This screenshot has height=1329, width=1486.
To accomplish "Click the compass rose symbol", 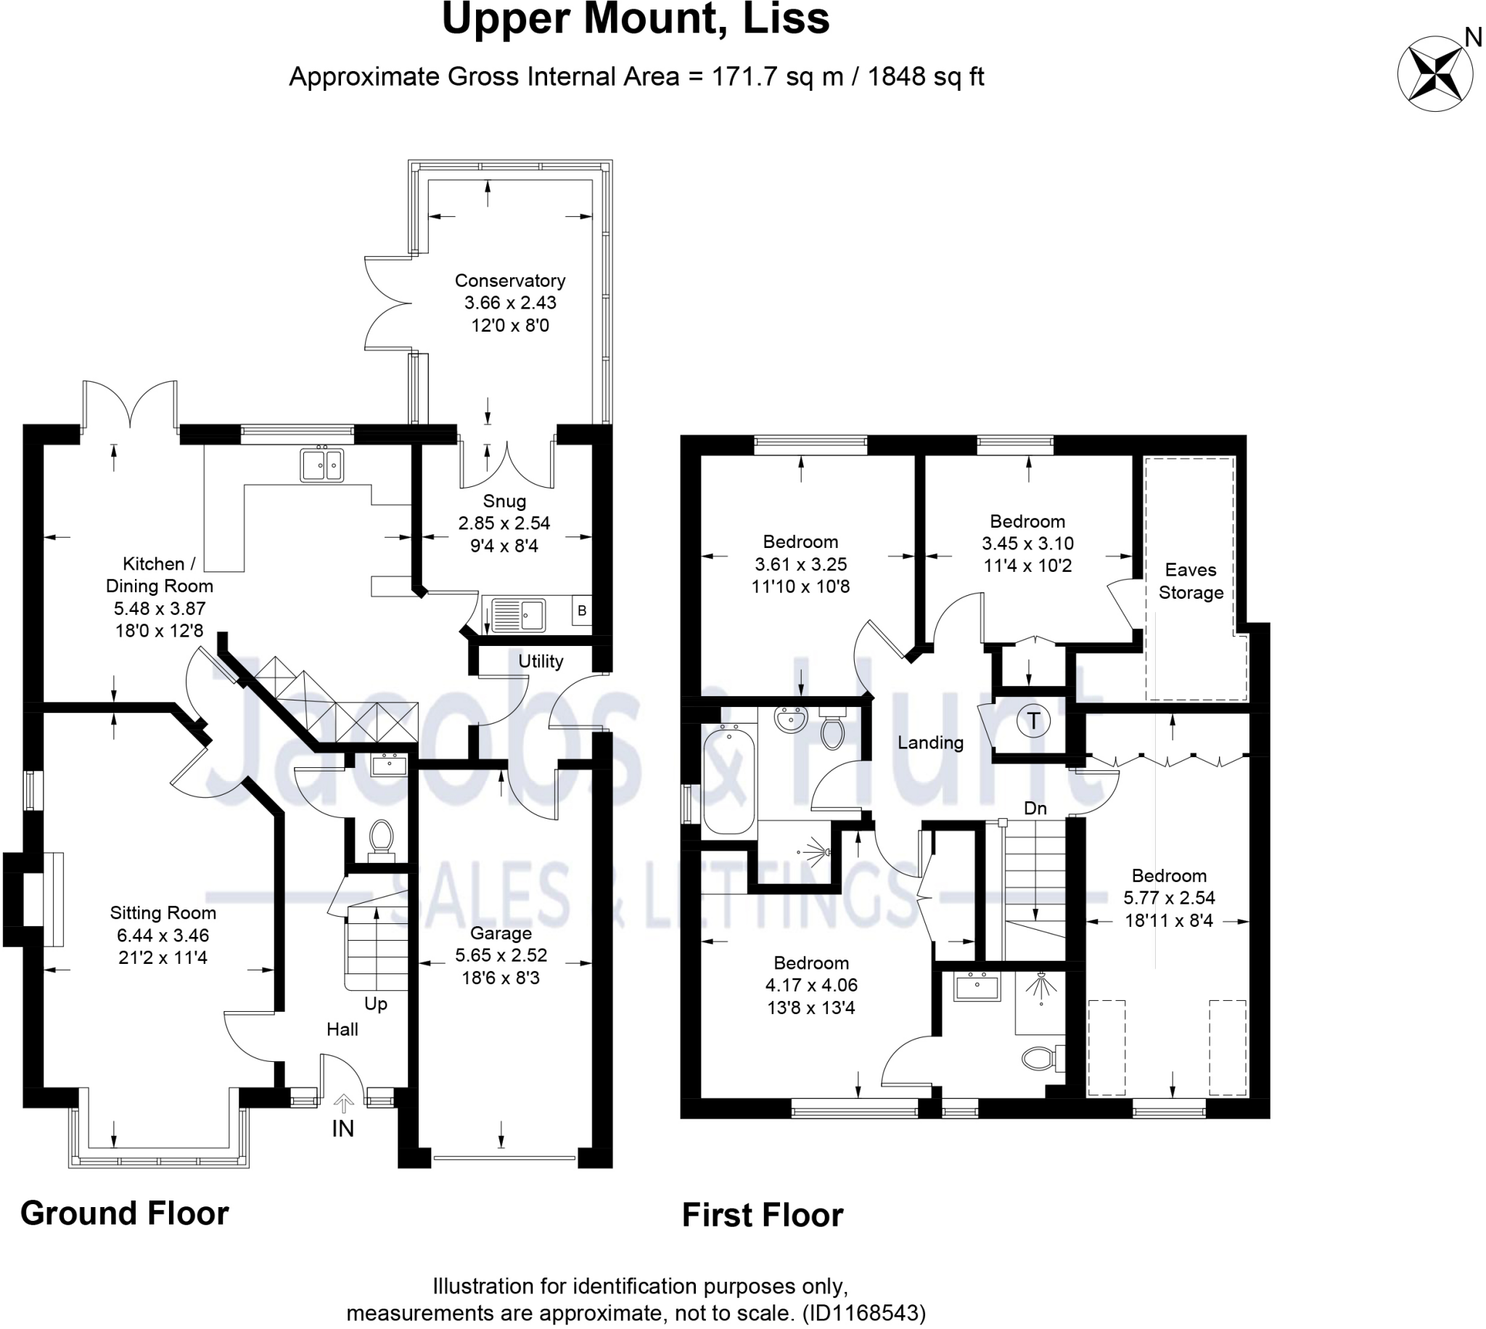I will coord(1435,74).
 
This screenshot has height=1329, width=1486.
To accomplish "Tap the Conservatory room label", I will coord(509,280).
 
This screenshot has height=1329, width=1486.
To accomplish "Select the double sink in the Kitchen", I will coord(321,465).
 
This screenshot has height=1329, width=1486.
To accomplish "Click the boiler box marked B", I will coord(582,610).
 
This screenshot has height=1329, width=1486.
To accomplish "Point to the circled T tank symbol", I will coord(1033,721).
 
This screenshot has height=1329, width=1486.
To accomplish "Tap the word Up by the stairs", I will coord(375,1003).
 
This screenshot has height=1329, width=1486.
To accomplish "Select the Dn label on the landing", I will coord(1035,808).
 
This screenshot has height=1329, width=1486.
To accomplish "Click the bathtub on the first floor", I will coord(728,780).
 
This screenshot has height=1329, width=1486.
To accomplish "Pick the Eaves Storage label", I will coord(1191,581).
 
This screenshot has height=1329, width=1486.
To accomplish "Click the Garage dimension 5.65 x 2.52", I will coord(501,955).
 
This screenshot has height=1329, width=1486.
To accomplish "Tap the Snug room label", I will coord(504,501).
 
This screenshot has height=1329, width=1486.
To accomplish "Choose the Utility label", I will coord(541,661).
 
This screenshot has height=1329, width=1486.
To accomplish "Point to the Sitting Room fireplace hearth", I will coord(52,899).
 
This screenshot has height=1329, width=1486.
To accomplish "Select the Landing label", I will coord(930,743).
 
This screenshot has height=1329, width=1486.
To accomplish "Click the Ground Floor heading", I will coord(124,1213).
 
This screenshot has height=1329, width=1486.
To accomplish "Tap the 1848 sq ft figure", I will coord(925,76).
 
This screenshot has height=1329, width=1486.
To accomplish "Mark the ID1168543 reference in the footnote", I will coord(863,1313).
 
